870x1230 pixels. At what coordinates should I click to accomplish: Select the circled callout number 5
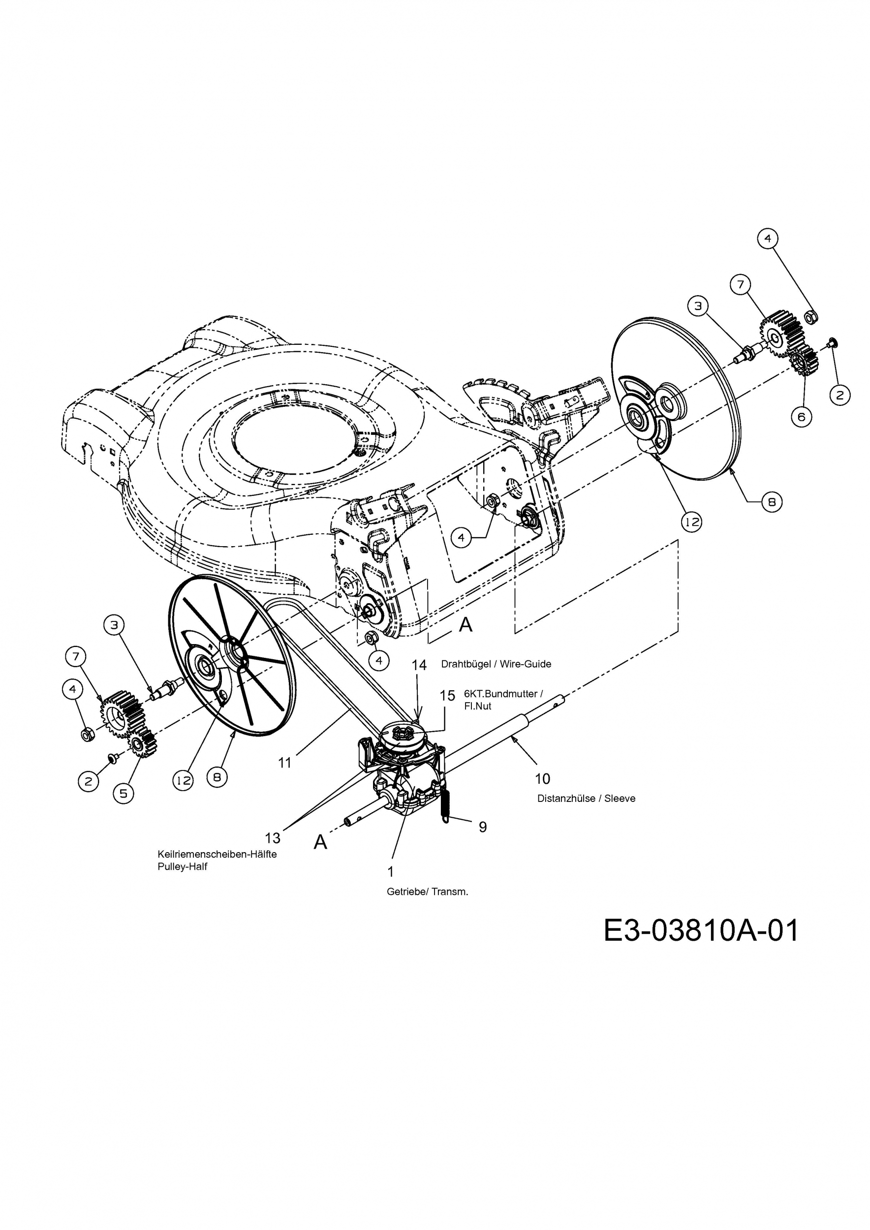click(x=123, y=793)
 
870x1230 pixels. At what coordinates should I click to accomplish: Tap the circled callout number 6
click(x=802, y=416)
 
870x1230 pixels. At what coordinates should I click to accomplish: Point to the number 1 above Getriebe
click(x=391, y=872)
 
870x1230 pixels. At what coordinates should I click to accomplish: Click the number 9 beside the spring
click(x=483, y=827)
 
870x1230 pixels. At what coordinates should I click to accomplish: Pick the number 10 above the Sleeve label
click(x=542, y=778)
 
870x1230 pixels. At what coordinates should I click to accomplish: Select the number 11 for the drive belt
click(x=284, y=762)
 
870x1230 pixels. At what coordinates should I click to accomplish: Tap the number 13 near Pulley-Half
click(x=273, y=837)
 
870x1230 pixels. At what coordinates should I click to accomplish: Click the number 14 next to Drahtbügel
click(x=419, y=665)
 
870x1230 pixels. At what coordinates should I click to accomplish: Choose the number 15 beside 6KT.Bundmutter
click(x=447, y=695)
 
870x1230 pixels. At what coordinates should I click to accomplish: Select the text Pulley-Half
click(x=182, y=867)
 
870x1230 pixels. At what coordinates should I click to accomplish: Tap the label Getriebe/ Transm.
click(x=427, y=892)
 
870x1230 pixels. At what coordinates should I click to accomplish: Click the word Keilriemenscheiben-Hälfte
click(x=217, y=854)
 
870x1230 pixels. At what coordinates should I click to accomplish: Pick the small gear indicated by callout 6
click(x=804, y=360)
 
